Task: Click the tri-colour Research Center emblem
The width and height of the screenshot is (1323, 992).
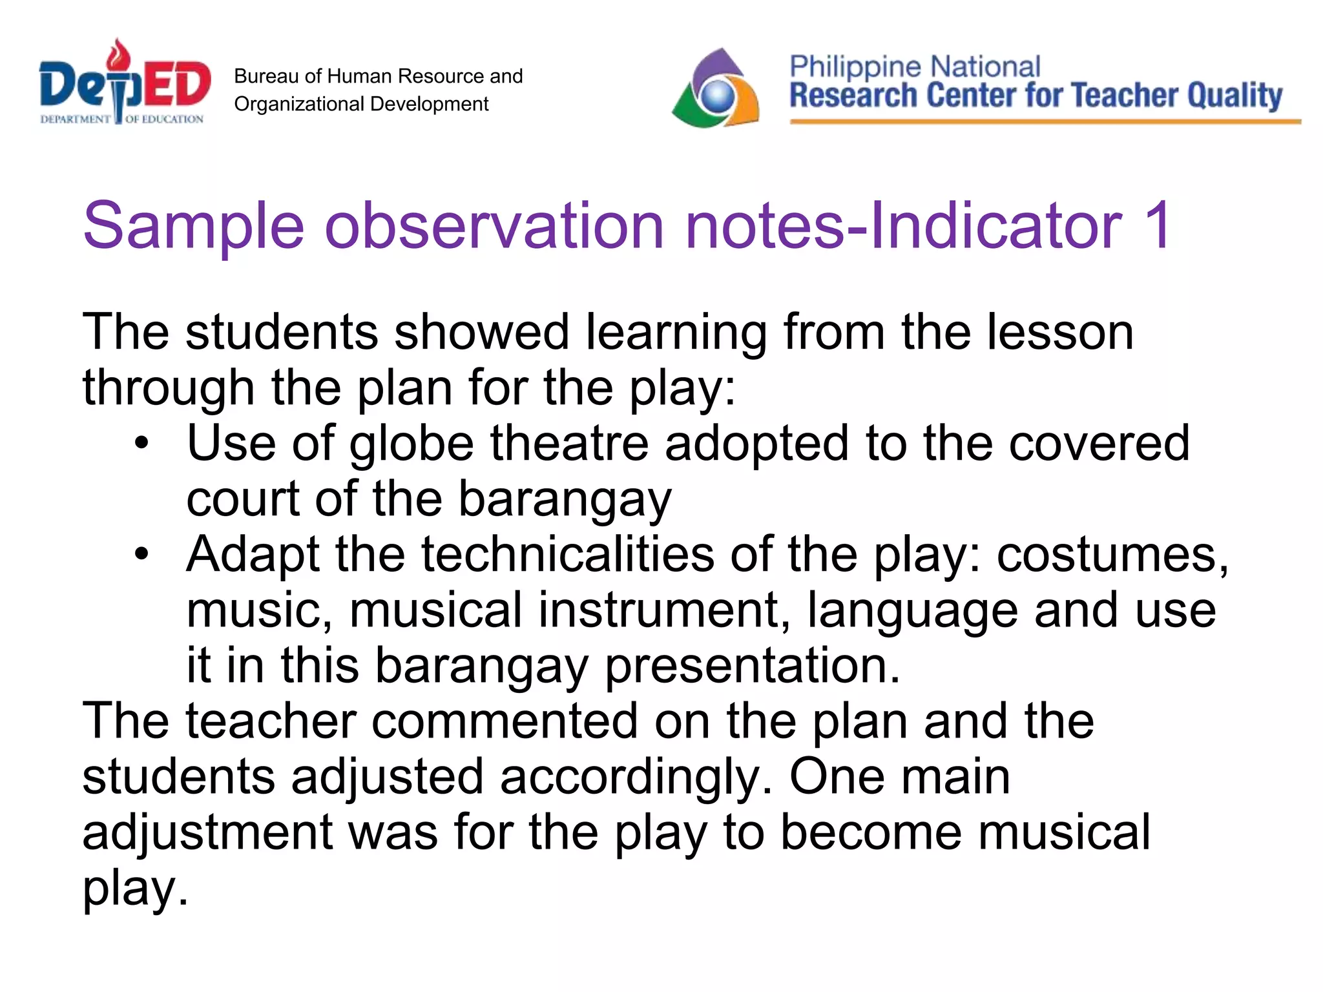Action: coord(716,89)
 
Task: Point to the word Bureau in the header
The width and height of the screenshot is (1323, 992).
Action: coord(266,76)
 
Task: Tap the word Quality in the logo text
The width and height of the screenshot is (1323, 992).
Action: coord(1234,96)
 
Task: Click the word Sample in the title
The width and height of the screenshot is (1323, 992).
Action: coord(193,225)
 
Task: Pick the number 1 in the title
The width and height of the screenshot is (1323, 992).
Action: coord(1156,225)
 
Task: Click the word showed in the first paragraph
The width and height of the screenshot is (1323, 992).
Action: coord(481,332)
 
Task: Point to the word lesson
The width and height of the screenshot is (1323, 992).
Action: coord(1060,332)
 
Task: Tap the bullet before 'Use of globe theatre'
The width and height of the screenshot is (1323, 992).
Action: coord(141,444)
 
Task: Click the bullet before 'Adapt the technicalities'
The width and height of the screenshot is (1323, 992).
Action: coord(141,554)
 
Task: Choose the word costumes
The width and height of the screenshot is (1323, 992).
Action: coord(1112,555)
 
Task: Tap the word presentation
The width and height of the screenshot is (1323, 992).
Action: coord(752,665)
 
